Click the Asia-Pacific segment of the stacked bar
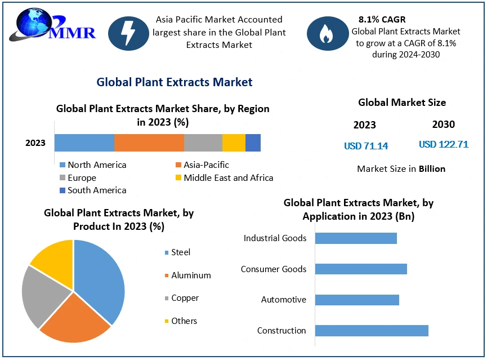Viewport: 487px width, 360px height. pyautogui.click(x=149, y=143)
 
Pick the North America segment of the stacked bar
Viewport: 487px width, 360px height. pyautogui.click(x=84, y=143)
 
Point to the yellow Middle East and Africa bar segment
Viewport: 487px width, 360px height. pyautogui.click(x=234, y=143)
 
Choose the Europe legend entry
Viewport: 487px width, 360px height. pyautogui.click(x=82, y=178)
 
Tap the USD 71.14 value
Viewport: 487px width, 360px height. pyautogui.click(x=366, y=146)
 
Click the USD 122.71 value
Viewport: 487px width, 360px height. pyautogui.click(x=444, y=145)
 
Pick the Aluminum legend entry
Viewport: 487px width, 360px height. pyautogui.click(x=191, y=275)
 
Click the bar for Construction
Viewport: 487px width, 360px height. pyautogui.click(x=372, y=331)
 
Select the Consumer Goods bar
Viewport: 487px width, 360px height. pyautogui.click(x=361, y=269)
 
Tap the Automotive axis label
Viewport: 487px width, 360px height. pyautogui.click(x=284, y=300)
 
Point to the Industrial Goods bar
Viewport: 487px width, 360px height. pyautogui.click(x=356, y=238)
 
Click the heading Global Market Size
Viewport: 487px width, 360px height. pyautogui.click(x=402, y=103)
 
